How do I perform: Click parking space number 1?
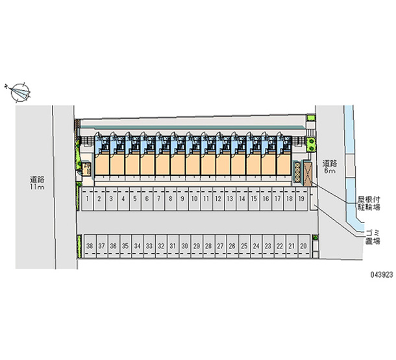coord(87,199)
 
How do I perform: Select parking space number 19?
coord(301,199)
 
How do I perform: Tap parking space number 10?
coord(194,199)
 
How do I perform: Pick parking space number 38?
coord(90,246)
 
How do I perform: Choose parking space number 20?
coord(303,246)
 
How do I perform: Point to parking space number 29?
coord(197,246)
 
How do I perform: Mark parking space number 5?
coord(134,199)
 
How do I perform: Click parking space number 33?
coord(149,246)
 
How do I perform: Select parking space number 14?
coord(241,199)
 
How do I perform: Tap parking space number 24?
coord(256,246)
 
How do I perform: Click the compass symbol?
coord(19,91)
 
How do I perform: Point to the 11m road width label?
coord(36,184)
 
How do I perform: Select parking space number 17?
coord(277,199)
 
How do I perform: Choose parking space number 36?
coord(114,246)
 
